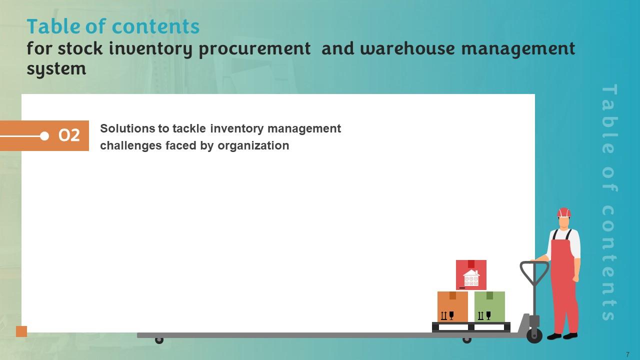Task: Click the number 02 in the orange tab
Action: pyautogui.click(x=69, y=135)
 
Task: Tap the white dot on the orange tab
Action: pyautogui.click(x=44, y=136)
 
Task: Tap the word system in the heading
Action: pyautogui.click(x=56, y=68)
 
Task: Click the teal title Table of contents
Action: pyautogui.click(x=113, y=26)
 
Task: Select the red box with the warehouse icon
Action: pyautogui.click(x=471, y=274)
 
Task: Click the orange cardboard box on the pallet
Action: pyautogui.click(x=452, y=307)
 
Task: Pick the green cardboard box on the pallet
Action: pyautogui.click(x=489, y=307)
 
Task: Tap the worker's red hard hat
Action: pyautogui.click(x=564, y=212)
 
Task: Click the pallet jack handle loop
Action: pyautogui.click(x=534, y=273)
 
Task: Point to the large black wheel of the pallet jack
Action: pyautogui.click(x=534, y=335)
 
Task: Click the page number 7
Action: pyautogui.click(x=627, y=354)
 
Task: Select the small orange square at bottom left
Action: pyautogui.click(x=21, y=331)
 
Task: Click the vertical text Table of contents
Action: pyautogui.click(x=608, y=202)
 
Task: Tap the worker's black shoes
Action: pyautogui.click(x=562, y=336)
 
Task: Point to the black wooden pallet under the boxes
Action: pyautogui.click(x=471, y=327)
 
